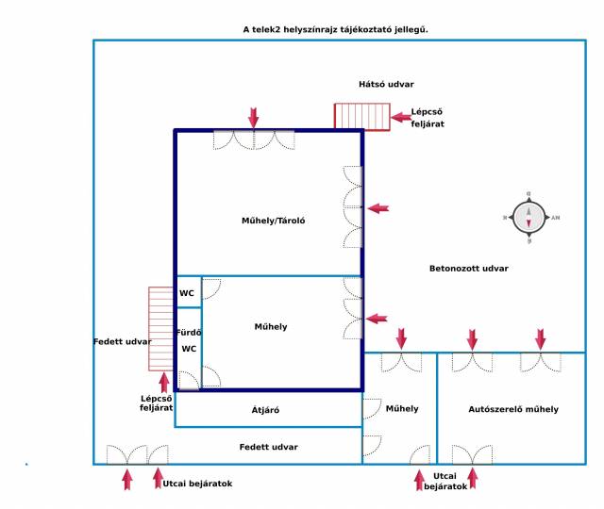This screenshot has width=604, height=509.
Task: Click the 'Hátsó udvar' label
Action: coord(386,84)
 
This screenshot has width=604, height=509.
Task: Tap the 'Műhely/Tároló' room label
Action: coord(274,222)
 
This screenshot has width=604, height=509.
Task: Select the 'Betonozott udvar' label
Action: coord(469,269)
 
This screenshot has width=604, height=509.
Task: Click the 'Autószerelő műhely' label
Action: coord(513,409)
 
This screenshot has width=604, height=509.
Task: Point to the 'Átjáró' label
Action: coord(265,410)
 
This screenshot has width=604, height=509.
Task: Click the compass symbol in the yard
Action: coord(528,217)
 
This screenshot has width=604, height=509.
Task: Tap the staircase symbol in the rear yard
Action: coord(362,117)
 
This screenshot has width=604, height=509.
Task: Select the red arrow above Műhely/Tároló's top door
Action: coord(253,117)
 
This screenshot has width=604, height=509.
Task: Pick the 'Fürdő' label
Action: coord(190,332)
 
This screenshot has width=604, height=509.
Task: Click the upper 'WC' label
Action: coord(187,293)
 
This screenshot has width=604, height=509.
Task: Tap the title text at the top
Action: coord(336,30)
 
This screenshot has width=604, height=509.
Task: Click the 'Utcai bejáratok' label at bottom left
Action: coord(197,484)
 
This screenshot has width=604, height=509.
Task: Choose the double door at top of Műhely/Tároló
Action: coord(253,140)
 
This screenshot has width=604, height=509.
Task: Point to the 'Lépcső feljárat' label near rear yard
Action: coord(428,118)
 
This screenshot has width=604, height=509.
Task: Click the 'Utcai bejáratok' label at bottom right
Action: coord(445,482)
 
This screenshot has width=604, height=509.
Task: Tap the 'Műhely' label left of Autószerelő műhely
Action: coord(402,409)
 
